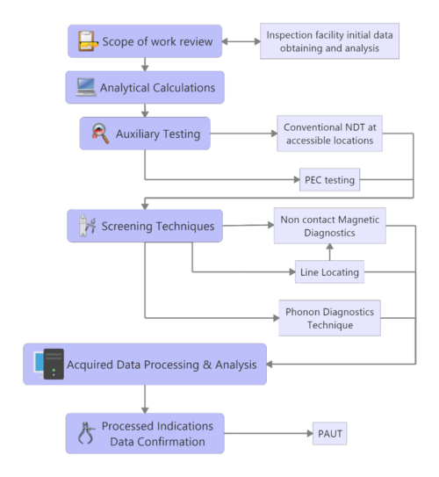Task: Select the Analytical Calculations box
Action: point(145,87)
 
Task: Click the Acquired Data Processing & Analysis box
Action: point(144,364)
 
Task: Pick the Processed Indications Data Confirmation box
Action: point(144,432)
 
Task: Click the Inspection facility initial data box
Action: point(329,40)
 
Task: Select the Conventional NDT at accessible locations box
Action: point(329,133)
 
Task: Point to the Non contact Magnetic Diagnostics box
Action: point(329,226)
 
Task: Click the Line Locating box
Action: point(329,272)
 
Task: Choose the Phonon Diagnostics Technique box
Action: point(329,318)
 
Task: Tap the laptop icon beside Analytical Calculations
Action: point(84,87)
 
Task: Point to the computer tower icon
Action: point(52,364)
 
